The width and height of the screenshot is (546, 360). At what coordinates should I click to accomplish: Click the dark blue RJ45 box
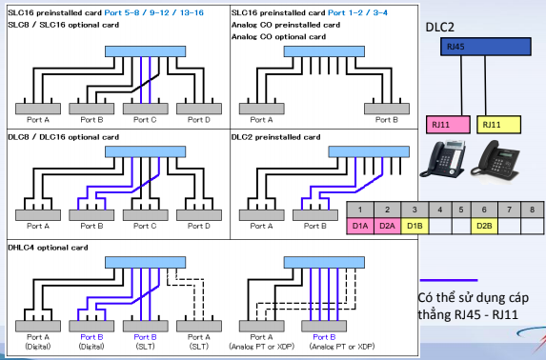[x=486, y=47]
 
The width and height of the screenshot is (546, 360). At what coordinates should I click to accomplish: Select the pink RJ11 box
[x=448, y=125]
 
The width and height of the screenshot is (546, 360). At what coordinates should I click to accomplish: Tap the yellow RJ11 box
[x=498, y=125]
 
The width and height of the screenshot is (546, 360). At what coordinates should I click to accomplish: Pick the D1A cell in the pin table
[x=360, y=226]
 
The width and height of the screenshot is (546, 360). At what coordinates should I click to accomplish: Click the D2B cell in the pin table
[x=484, y=226]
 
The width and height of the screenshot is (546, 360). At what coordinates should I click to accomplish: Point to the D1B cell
[x=415, y=226]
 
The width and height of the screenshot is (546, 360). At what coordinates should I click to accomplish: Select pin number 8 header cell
[x=532, y=210]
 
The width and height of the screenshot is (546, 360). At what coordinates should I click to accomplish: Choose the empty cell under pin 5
[x=461, y=226]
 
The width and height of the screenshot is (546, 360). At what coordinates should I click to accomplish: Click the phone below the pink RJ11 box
[x=443, y=158]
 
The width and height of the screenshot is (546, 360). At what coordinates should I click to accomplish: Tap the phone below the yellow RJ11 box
[x=495, y=160]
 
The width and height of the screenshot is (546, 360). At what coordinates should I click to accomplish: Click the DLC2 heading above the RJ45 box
[x=440, y=28]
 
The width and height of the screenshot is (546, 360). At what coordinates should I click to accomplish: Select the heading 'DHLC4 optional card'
[x=48, y=248]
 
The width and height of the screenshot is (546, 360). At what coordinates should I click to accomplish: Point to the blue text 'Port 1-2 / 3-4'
[x=357, y=13]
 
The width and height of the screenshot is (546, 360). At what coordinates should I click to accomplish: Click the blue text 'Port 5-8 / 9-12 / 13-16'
[x=154, y=13]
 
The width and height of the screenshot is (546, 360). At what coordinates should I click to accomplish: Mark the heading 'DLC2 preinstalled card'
[x=275, y=137]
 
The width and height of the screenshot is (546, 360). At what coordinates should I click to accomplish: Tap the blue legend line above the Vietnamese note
[x=449, y=280]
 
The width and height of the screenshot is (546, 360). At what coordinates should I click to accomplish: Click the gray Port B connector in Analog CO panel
[x=387, y=109]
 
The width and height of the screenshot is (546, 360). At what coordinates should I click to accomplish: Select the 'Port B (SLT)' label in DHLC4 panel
[x=145, y=342]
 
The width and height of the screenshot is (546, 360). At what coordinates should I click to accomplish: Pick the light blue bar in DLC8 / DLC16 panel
[x=145, y=151]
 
